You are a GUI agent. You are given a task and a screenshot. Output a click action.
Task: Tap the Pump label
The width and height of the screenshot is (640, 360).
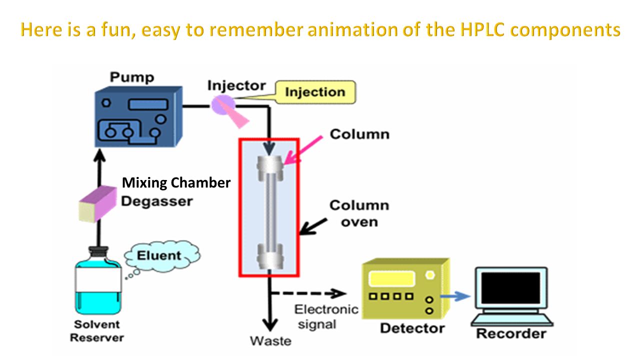(132, 77)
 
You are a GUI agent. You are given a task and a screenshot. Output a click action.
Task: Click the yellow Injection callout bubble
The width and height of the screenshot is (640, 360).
(315, 92)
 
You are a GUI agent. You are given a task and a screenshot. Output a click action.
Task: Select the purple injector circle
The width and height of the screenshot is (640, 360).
(223, 105)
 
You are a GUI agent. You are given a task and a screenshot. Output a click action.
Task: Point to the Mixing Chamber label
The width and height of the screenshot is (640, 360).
(176, 183)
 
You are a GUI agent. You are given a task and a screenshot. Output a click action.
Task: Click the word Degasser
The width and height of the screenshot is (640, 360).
(157, 201)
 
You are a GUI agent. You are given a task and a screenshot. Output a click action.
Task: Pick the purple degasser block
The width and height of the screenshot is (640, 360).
(97, 203)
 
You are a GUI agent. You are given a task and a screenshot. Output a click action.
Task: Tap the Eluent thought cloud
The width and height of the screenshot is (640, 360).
(162, 255)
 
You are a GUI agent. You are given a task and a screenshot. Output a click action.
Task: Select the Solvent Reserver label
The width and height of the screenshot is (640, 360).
(97, 331)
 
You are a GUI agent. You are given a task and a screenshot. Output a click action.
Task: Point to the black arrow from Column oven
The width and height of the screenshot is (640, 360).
(313, 226)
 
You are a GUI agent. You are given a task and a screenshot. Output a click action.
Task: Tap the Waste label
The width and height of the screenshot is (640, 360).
(270, 341)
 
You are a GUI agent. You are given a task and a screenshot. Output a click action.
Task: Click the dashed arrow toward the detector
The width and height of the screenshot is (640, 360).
(308, 293)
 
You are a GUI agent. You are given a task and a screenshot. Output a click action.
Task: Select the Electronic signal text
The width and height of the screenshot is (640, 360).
(326, 317)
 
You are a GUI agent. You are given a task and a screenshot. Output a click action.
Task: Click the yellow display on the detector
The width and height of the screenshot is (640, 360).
(391, 278)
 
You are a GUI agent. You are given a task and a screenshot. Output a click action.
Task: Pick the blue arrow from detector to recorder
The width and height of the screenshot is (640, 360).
(455, 296)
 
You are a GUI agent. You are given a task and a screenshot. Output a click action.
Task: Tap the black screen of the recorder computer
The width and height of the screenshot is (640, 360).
(511, 287)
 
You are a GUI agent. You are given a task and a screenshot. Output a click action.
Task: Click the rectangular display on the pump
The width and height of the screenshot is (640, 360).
(148, 104)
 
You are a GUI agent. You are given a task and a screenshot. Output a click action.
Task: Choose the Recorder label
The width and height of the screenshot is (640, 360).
(511, 333)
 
